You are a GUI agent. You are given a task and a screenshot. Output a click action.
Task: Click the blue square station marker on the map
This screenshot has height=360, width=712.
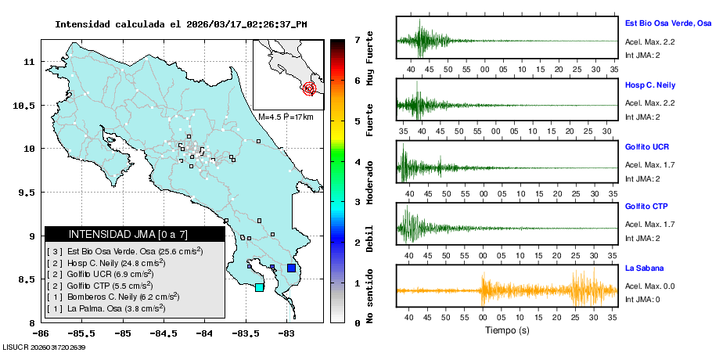pyautogui.click(x=291, y=268)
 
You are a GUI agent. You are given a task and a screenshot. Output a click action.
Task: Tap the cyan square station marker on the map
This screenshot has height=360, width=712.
pyautogui.click(x=260, y=287)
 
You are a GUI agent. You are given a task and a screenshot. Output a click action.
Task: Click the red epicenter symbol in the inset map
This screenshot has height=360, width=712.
pyautogui.click(x=309, y=88)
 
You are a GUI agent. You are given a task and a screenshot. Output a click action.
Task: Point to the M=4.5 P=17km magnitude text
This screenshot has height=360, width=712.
pyautogui.click(x=286, y=117)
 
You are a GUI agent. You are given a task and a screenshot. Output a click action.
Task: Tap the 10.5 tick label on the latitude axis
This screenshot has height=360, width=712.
pyautogui.click(x=26, y=105)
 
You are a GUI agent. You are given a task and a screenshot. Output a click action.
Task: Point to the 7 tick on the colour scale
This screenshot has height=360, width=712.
pyautogui.click(x=357, y=39)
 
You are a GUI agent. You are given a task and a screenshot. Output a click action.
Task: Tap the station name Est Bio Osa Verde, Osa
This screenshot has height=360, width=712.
pyautogui.click(x=667, y=24)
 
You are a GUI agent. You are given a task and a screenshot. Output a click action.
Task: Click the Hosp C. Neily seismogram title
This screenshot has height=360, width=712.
pyautogui.click(x=650, y=85)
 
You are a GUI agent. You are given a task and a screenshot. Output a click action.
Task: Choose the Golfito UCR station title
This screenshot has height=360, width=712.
pyautogui.click(x=647, y=146)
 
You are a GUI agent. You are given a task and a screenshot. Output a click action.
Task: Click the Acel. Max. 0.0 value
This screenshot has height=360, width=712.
pyautogui.click(x=649, y=286)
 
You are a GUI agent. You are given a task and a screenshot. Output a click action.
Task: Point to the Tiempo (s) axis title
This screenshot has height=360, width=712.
pyautogui.click(x=506, y=330)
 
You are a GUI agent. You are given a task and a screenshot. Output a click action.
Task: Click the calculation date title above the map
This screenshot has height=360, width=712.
pyautogui.click(x=180, y=24)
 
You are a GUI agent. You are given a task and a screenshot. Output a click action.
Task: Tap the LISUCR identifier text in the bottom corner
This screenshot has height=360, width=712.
pyautogui.click(x=44, y=347)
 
